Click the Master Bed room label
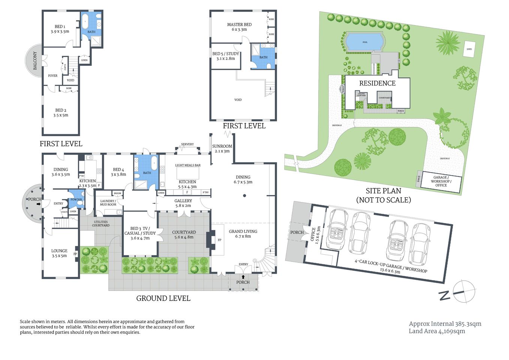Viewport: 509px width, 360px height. (239, 27)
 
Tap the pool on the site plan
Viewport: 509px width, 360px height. (365, 42)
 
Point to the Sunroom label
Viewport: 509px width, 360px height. (222, 148)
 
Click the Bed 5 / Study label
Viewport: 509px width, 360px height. (226, 56)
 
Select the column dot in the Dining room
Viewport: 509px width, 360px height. (244, 195)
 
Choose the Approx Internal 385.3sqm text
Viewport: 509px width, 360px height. (445, 324)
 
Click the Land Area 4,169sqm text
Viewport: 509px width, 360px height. (437, 331)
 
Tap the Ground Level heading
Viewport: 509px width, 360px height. (163, 298)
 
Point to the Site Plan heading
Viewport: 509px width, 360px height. (383, 191)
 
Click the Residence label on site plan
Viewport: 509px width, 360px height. (377, 83)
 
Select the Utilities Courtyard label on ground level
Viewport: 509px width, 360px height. (101, 223)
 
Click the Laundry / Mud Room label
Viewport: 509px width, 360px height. (108, 202)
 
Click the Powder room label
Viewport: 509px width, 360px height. (76, 199)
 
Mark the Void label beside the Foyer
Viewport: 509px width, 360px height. (70, 80)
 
